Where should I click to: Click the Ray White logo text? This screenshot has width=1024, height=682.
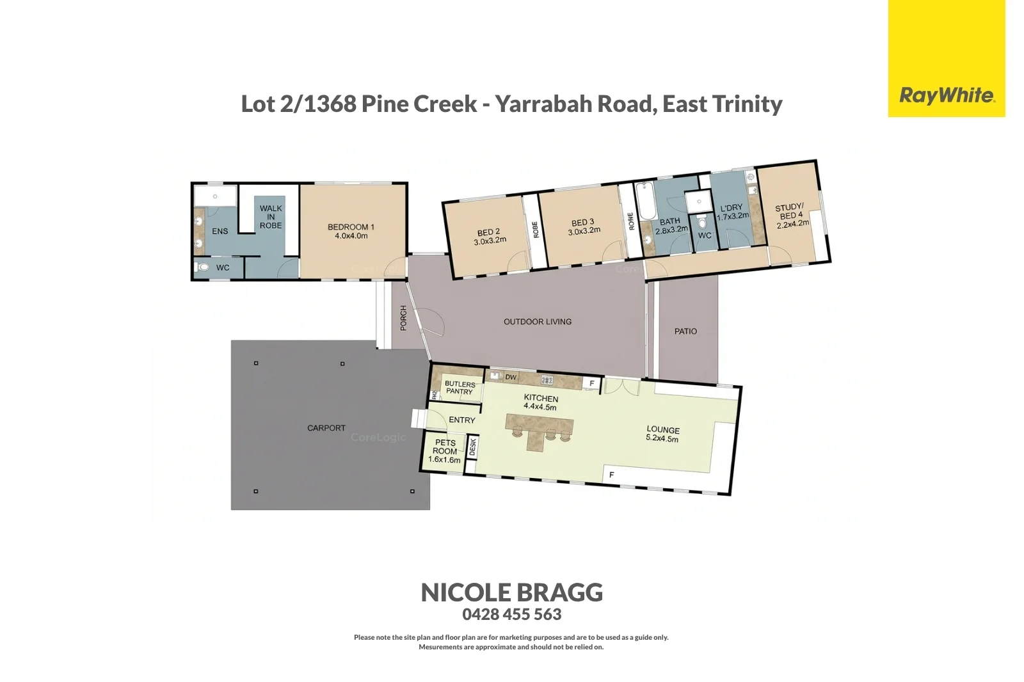(x=947, y=96)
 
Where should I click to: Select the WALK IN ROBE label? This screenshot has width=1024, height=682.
(x=271, y=217)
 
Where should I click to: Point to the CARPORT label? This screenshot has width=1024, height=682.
(x=326, y=428)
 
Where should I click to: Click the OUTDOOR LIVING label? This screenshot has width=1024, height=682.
(x=537, y=322)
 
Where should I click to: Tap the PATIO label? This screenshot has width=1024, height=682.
(x=685, y=331)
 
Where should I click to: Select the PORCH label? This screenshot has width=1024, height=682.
(x=403, y=318)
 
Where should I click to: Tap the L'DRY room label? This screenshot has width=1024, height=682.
(x=732, y=208)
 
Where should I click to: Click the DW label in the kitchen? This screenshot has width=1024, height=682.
(x=511, y=377)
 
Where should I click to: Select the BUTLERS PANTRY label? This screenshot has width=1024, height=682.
(x=460, y=388)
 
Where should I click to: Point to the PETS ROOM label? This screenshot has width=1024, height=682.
(x=445, y=447)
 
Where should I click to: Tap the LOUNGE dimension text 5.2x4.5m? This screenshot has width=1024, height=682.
(x=662, y=439)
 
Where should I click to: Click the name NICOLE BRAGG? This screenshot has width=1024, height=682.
(x=511, y=592)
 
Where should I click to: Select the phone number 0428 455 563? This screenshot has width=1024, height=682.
(x=511, y=614)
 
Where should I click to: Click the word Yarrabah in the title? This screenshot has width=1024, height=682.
(x=573, y=104)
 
